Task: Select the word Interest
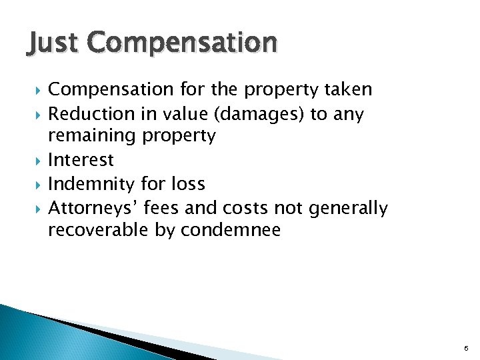pos(81,160)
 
